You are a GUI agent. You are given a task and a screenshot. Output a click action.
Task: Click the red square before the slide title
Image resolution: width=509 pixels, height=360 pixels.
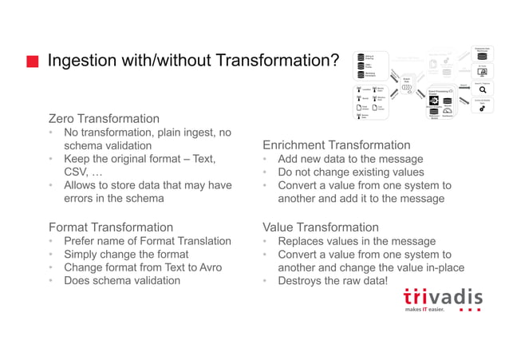coord(33,61)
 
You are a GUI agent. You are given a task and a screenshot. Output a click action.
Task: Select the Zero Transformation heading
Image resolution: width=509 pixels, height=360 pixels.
coord(104,118)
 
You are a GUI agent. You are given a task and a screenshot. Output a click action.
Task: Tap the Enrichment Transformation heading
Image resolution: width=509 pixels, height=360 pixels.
coord(336,145)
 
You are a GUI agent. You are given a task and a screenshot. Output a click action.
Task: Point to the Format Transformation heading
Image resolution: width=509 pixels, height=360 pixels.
coord(110,227)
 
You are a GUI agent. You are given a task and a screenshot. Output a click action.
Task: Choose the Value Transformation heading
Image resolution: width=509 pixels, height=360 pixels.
coord(320,227)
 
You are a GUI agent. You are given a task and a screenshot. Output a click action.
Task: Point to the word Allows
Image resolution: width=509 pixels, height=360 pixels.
coord(81,186)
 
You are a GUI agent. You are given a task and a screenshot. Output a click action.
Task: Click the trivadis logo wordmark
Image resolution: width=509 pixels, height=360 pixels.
coord(442,297)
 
